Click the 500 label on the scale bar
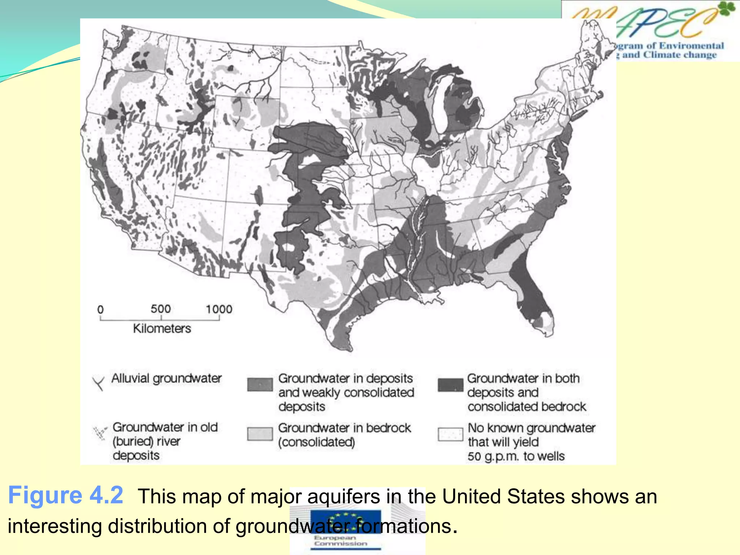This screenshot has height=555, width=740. click(x=160, y=309)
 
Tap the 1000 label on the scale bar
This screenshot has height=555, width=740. click(x=219, y=309)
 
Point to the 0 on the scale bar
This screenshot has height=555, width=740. click(x=100, y=310)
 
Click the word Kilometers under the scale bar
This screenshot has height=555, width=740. click(x=162, y=328)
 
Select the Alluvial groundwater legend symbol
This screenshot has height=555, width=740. click(x=98, y=383)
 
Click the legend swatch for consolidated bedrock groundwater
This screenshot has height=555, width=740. click(x=260, y=434)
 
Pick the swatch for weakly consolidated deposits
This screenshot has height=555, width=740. click(x=260, y=384)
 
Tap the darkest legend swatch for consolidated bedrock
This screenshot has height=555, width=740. click(x=450, y=385)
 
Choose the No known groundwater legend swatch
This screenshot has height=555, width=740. click(x=450, y=434)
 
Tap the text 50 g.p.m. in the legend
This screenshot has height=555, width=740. click(x=493, y=456)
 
